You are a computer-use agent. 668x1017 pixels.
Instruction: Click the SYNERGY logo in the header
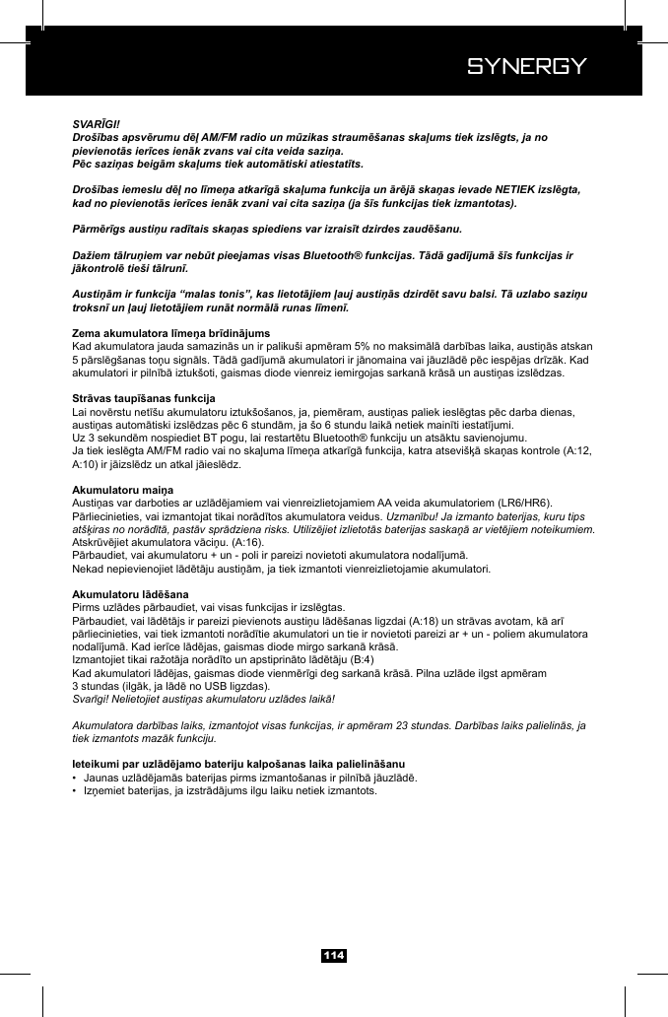click(526, 66)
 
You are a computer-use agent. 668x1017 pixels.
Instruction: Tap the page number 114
click(334, 955)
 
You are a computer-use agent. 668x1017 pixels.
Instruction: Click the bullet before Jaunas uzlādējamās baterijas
click(76, 778)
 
